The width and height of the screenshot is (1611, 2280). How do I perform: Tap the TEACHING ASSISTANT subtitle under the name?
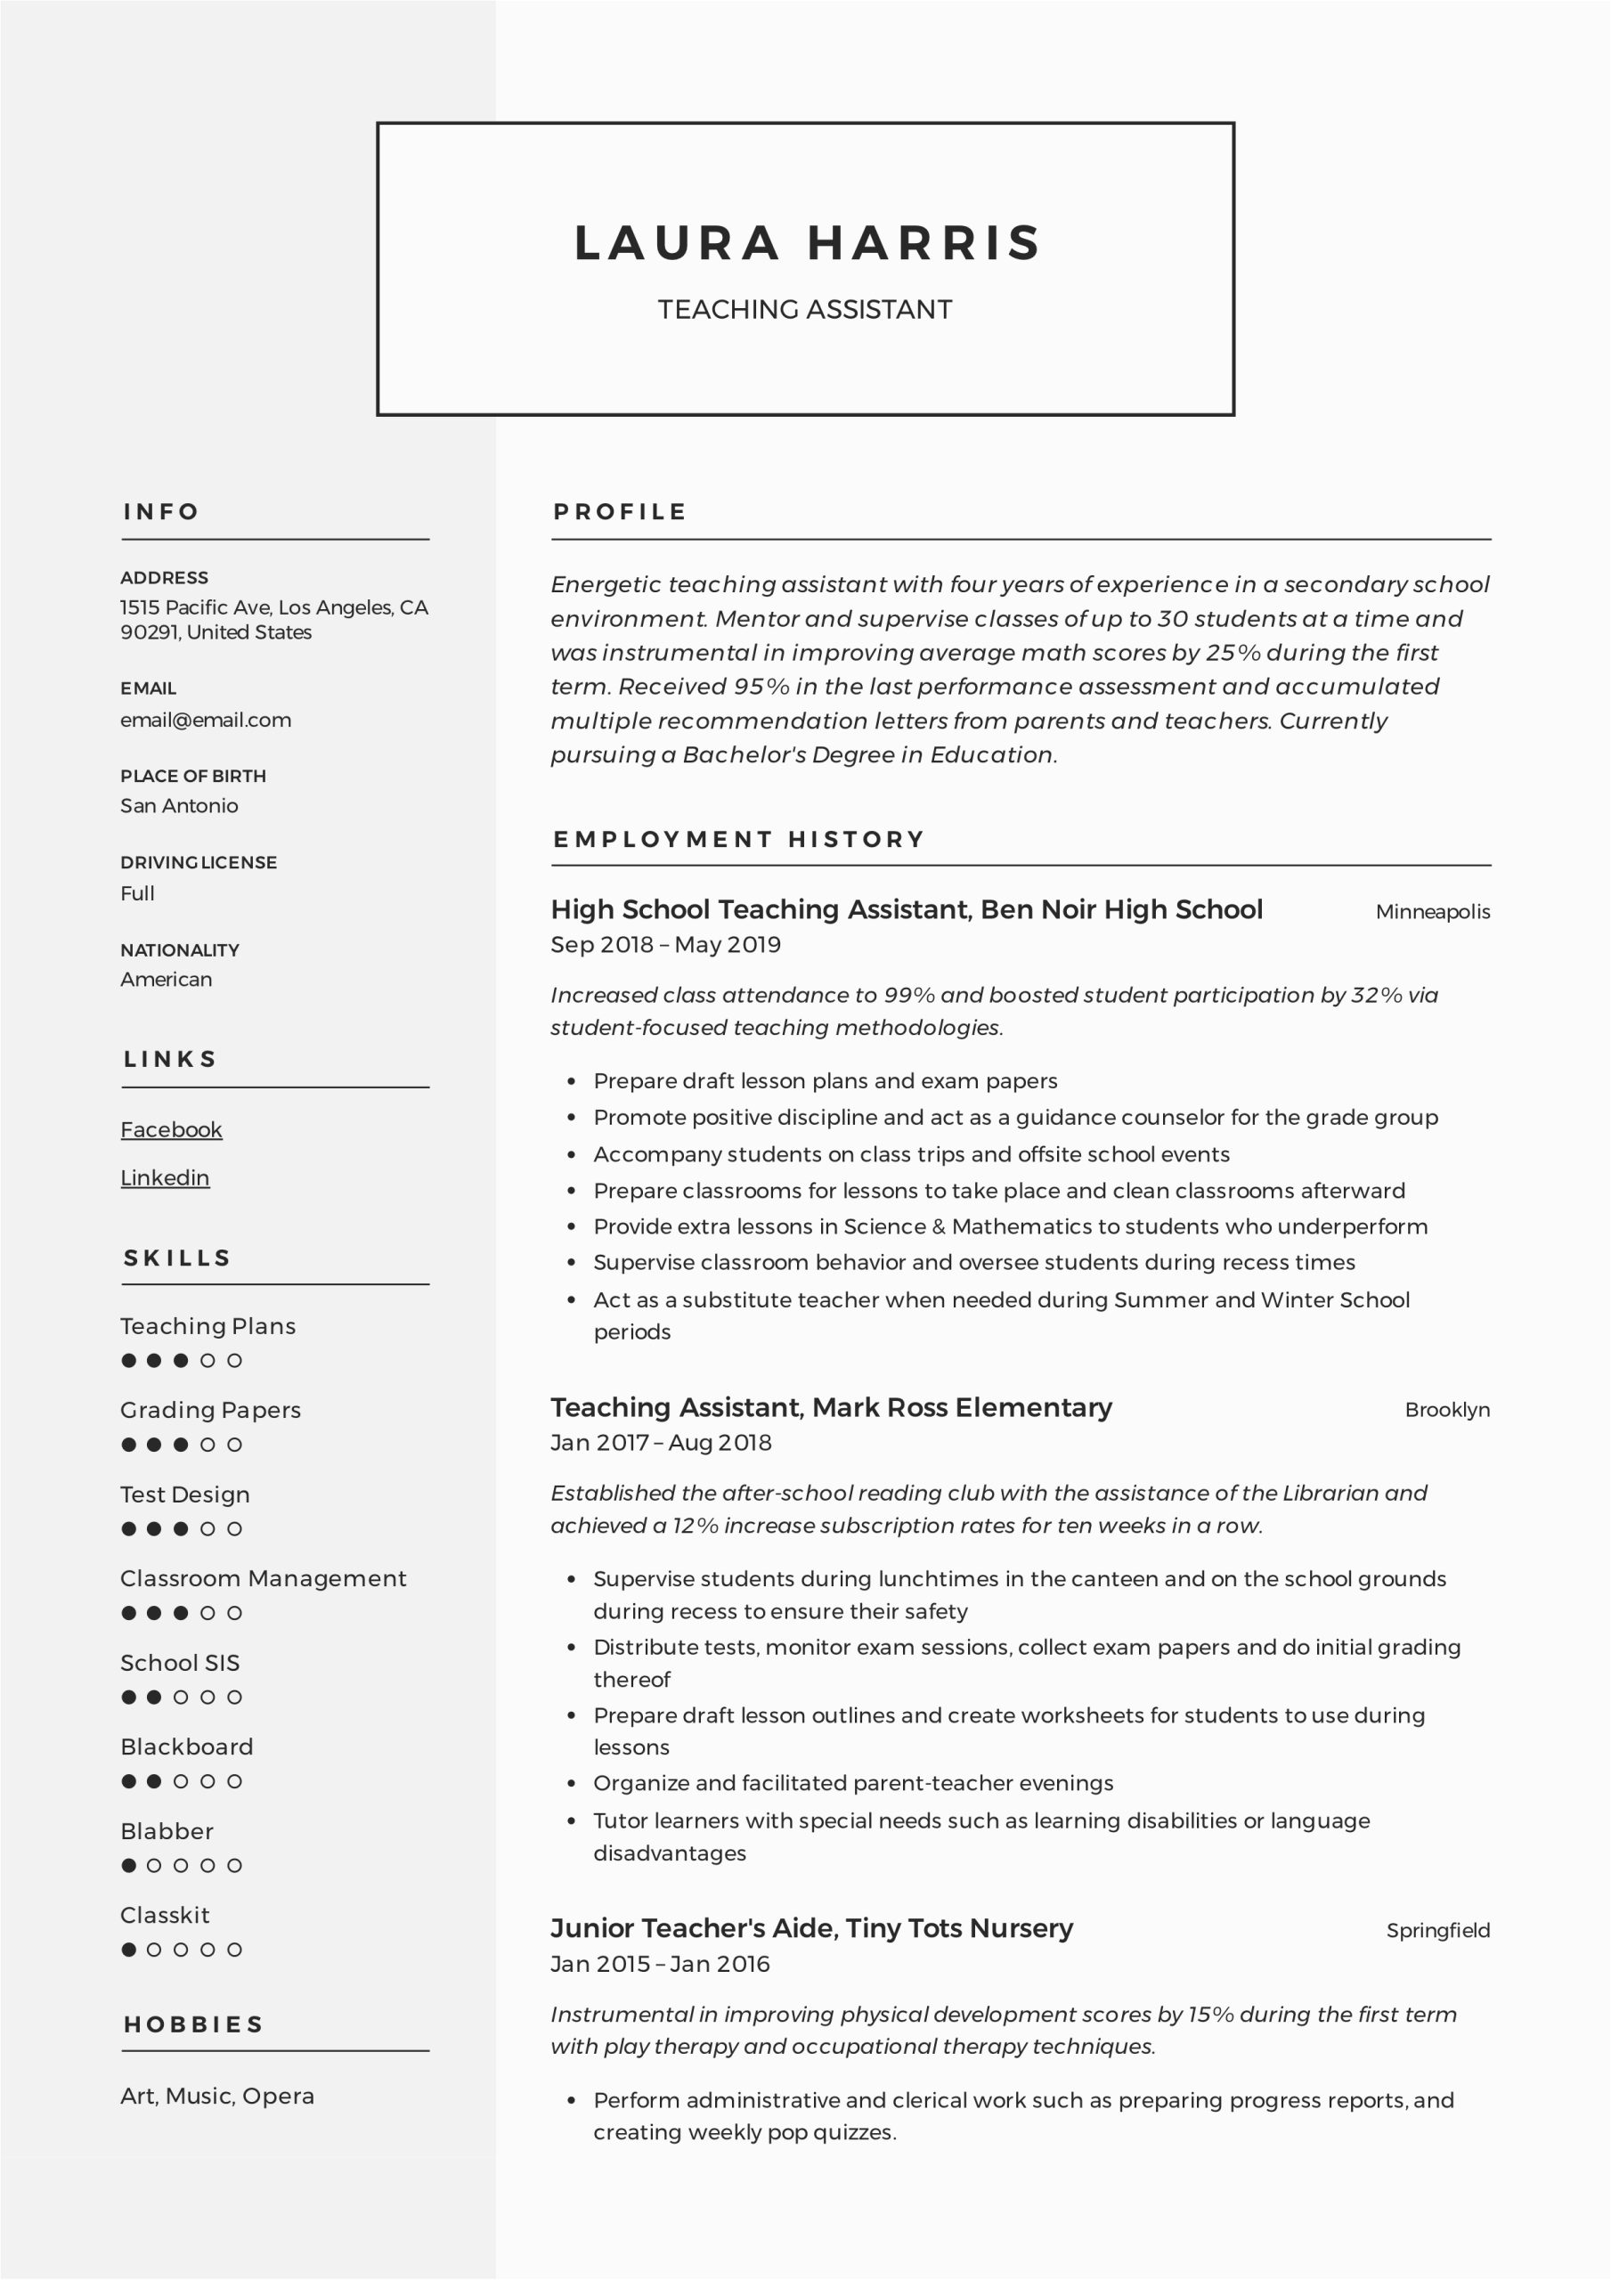click(x=804, y=310)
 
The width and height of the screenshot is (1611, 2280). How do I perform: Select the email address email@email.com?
click(x=206, y=720)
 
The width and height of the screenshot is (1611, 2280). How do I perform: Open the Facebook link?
click(x=171, y=1129)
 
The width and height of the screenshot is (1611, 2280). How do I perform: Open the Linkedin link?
click(x=165, y=1177)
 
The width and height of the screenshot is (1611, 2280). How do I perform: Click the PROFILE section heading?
click(x=620, y=511)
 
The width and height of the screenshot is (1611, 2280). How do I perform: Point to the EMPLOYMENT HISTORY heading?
click(x=738, y=839)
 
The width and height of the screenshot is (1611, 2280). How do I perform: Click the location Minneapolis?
click(x=1432, y=912)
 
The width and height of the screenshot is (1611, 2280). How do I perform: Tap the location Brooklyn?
click(x=1446, y=1409)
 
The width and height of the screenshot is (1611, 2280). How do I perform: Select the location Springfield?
click(x=1437, y=1931)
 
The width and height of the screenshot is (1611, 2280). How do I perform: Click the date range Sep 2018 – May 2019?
click(x=665, y=944)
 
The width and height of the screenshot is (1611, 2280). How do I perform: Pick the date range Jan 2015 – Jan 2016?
click(x=660, y=1963)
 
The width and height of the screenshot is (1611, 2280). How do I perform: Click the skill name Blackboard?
click(x=187, y=1747)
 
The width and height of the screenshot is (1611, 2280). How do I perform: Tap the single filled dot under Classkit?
click(x=129, y=1950)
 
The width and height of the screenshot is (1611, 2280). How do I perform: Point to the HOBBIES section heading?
click(x=193, y=2023)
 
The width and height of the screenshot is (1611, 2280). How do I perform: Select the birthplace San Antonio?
click(x=179, y=805)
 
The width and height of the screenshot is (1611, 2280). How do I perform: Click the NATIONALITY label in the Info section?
click(x=180, y=950)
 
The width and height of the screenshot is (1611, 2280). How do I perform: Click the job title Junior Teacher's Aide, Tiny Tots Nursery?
click(x=811, y=1928)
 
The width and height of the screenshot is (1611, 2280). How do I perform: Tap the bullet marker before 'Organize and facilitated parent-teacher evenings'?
click(x=571, y=1784)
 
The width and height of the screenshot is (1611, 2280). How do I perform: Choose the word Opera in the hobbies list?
click(x=278, y=2096)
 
